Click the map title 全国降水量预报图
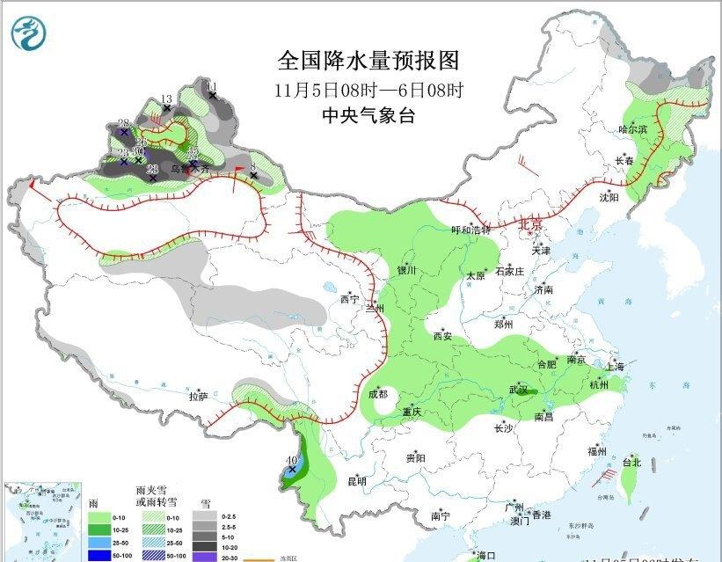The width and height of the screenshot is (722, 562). pos(368,60)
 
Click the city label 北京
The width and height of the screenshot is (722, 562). pos(531,224)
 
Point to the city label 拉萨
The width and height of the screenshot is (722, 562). pos(198,397)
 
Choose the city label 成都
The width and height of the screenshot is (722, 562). pos(378,394)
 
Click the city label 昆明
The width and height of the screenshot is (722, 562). pos(356,481)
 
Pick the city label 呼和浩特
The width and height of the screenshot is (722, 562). pos(470,230)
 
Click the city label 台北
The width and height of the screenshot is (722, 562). pos(631,462)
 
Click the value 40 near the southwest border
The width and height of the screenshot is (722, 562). pos(292,460)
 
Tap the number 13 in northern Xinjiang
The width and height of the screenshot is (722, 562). pos(167,99)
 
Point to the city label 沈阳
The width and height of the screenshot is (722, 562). pos(609,198)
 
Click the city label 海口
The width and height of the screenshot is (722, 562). pos(486,556)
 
